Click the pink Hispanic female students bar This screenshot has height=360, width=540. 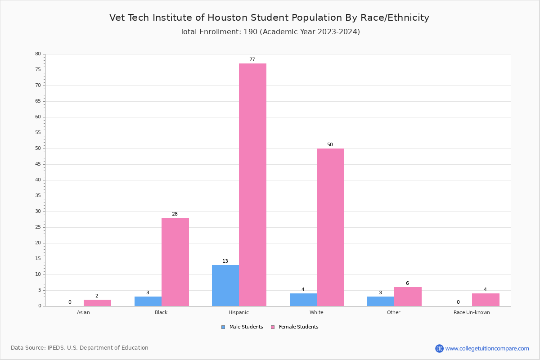[x=252, y=184]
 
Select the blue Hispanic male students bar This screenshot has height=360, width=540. [x=225, y=285]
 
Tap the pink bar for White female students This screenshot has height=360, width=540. [x=330, y=227]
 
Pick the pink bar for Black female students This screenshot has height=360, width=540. [x=175, y=262]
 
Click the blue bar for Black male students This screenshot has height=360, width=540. [x=148, y=301]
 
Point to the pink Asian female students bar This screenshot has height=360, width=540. [x=97, y=303]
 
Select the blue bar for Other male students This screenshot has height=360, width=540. [x=381, y=301]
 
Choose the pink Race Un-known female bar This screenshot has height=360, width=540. [x=486, y=300]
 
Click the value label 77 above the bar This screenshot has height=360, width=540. [x=252, y=60]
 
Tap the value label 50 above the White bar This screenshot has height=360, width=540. [x=330, y=145]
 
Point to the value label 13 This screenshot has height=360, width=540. [x=225, y=261]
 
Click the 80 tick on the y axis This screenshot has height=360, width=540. [x=38, y=54]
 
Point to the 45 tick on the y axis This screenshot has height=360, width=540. [x=38, y=164]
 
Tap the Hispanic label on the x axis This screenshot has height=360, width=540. [x=238, y=312]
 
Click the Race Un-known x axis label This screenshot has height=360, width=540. [x=472, y=312]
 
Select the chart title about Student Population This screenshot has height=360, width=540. [x=269, y=18]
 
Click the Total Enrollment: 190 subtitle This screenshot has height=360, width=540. [x=270, y=32]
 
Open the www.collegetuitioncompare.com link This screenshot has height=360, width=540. [x=487, y=348]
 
